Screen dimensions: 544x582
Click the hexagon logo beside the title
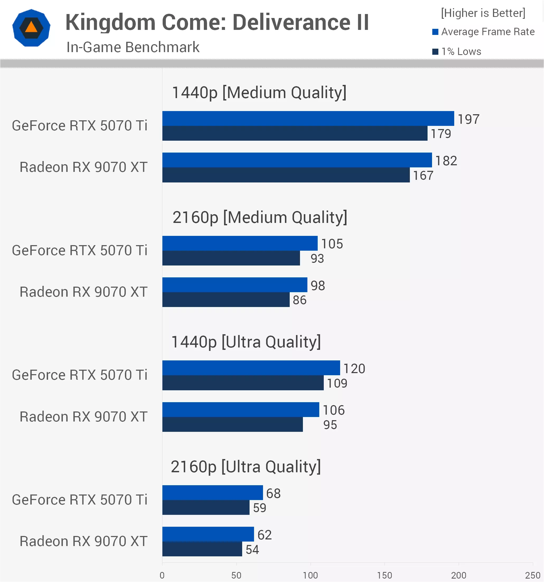(31, 28)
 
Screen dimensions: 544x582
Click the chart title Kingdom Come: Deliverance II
(217, 22)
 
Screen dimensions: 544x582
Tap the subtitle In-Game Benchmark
(133, 47)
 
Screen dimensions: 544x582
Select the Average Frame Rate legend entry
(484, 32)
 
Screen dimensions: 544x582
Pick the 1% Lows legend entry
(457, 52)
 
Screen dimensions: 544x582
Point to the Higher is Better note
(483, 13)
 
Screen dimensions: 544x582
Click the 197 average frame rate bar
(308, 118)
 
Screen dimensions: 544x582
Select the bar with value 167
(286, 175)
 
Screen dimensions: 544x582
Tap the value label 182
(446, 161)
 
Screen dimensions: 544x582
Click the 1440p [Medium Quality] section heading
(259, 93)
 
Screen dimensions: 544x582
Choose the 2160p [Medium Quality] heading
(260, 217)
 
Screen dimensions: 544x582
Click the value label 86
(300, 300)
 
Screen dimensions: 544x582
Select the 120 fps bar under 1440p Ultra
(251, 368)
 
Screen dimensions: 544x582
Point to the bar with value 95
(232, 424)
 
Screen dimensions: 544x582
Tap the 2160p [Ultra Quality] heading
(246, 467)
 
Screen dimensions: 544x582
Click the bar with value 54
(202, 549)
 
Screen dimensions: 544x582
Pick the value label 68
(273, 493)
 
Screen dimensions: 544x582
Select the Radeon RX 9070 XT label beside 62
(84, 541)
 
